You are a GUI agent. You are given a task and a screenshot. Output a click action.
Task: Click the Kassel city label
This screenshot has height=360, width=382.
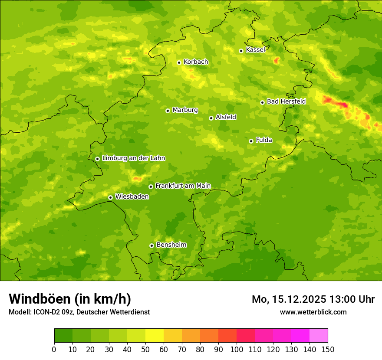coord(255,50)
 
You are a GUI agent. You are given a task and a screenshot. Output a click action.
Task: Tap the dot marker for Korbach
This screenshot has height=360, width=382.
coord(179,62)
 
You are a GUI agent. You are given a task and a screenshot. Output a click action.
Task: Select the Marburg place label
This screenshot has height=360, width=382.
coord(185,110)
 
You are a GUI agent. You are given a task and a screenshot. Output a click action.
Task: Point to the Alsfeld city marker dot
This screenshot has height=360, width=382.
coord(211,118)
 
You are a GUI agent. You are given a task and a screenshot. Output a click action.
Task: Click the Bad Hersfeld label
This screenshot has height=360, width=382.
coord(286,101)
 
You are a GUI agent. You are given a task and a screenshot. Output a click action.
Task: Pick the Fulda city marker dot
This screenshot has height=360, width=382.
coord(251,141)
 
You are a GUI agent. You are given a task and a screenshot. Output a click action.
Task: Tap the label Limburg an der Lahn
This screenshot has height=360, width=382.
coord(133,158)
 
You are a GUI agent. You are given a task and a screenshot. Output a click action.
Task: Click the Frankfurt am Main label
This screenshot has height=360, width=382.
coord(183,186)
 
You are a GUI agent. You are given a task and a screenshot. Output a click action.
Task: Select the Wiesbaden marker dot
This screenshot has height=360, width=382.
coord(110,197)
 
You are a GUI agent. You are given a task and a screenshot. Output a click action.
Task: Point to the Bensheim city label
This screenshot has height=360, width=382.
coord(171,245)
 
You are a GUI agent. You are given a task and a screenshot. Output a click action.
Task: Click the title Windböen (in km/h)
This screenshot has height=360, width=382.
coord(70,299)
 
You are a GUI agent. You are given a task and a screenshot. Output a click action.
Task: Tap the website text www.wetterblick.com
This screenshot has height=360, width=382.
coord(313,312)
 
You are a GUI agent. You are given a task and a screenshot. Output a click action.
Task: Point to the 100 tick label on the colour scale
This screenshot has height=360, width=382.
coord(237,349)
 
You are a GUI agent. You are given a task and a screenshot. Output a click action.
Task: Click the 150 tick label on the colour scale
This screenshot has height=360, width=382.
coord(328,349)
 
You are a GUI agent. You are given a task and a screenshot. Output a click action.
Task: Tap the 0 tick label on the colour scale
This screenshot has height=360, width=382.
coord(54,349)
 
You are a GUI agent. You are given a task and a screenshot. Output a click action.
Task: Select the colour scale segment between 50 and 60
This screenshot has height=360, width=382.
coord(155,336)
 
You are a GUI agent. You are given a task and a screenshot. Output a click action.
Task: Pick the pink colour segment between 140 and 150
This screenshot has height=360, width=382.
coord(319,336)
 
